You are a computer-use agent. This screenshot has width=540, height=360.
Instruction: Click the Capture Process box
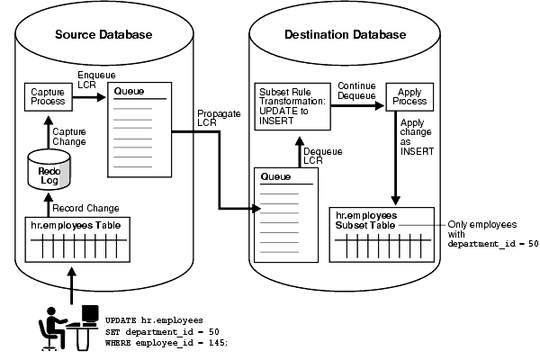coord(47,97)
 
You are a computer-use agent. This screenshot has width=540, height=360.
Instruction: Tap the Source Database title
coord(103,35)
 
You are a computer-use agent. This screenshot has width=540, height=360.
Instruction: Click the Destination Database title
coord(345,35)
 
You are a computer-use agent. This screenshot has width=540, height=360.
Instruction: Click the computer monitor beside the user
coord(91,315)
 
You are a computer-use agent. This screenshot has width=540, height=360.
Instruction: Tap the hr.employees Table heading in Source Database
coord(70,223)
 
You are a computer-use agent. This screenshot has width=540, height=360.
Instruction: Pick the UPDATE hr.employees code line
coord(155,319)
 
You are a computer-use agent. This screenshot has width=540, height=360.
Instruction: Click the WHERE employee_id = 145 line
coord(166,342)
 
